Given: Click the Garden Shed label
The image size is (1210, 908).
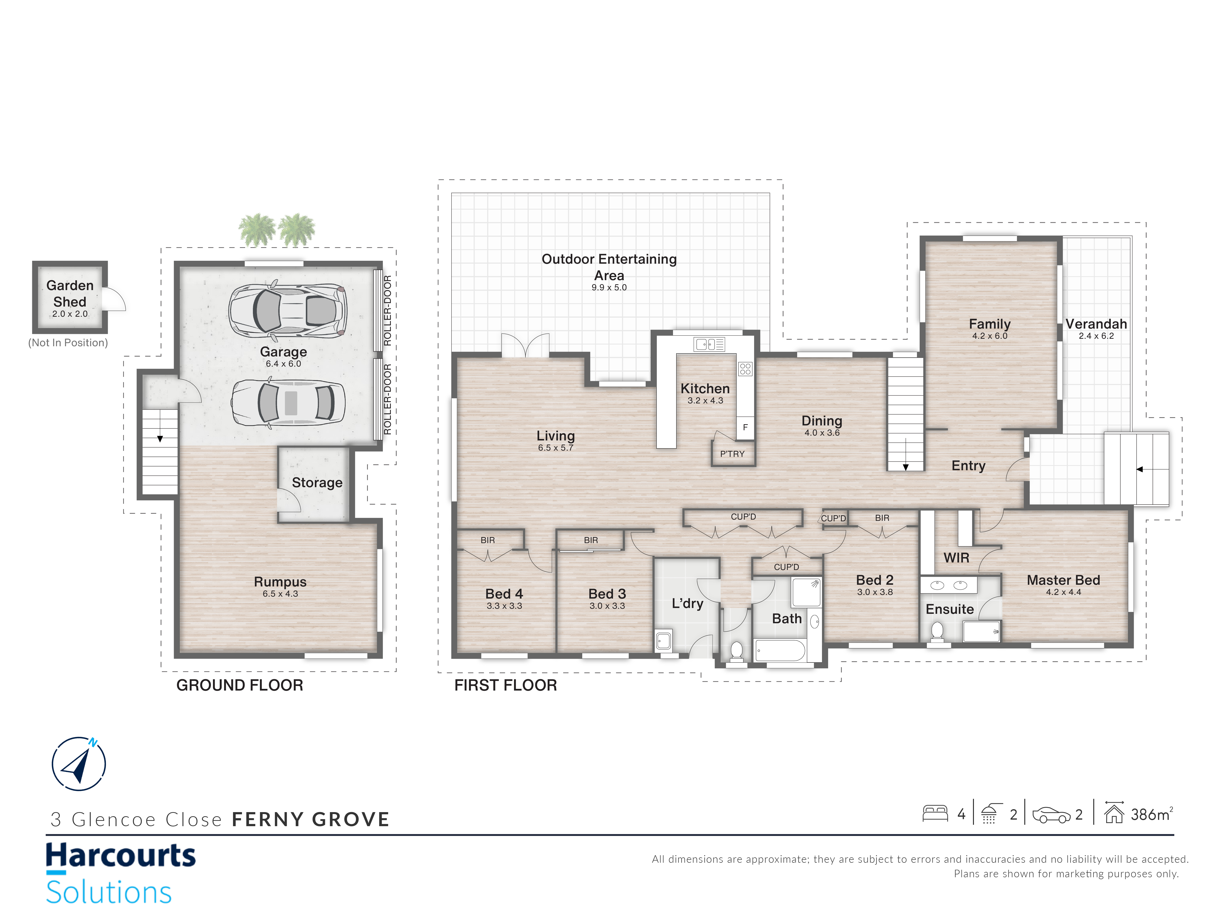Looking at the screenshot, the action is coord(70,293).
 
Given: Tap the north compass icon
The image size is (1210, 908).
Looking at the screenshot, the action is coord(79,763).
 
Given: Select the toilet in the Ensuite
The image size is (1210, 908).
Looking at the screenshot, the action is coord(937,632).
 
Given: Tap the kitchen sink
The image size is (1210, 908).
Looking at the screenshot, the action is coord(709,344).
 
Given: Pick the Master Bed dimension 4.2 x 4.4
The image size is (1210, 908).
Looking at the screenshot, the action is coord(1063,592).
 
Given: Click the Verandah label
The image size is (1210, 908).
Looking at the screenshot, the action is coord(1096,324).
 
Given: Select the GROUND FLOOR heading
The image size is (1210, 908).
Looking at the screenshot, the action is coord(240,685).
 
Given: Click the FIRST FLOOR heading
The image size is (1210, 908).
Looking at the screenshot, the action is coord(506,685).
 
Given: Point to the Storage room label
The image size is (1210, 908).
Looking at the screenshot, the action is coord(317,483).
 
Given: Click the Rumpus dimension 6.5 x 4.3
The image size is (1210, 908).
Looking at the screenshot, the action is coord(280,594).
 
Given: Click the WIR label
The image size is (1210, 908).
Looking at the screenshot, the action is coord(956,558).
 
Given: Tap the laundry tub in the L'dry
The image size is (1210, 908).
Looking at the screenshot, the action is coord(664,640).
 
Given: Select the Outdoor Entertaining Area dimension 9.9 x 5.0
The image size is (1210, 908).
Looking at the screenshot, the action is coord(609,287).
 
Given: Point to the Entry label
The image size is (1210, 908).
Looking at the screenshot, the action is coord(968,466).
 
